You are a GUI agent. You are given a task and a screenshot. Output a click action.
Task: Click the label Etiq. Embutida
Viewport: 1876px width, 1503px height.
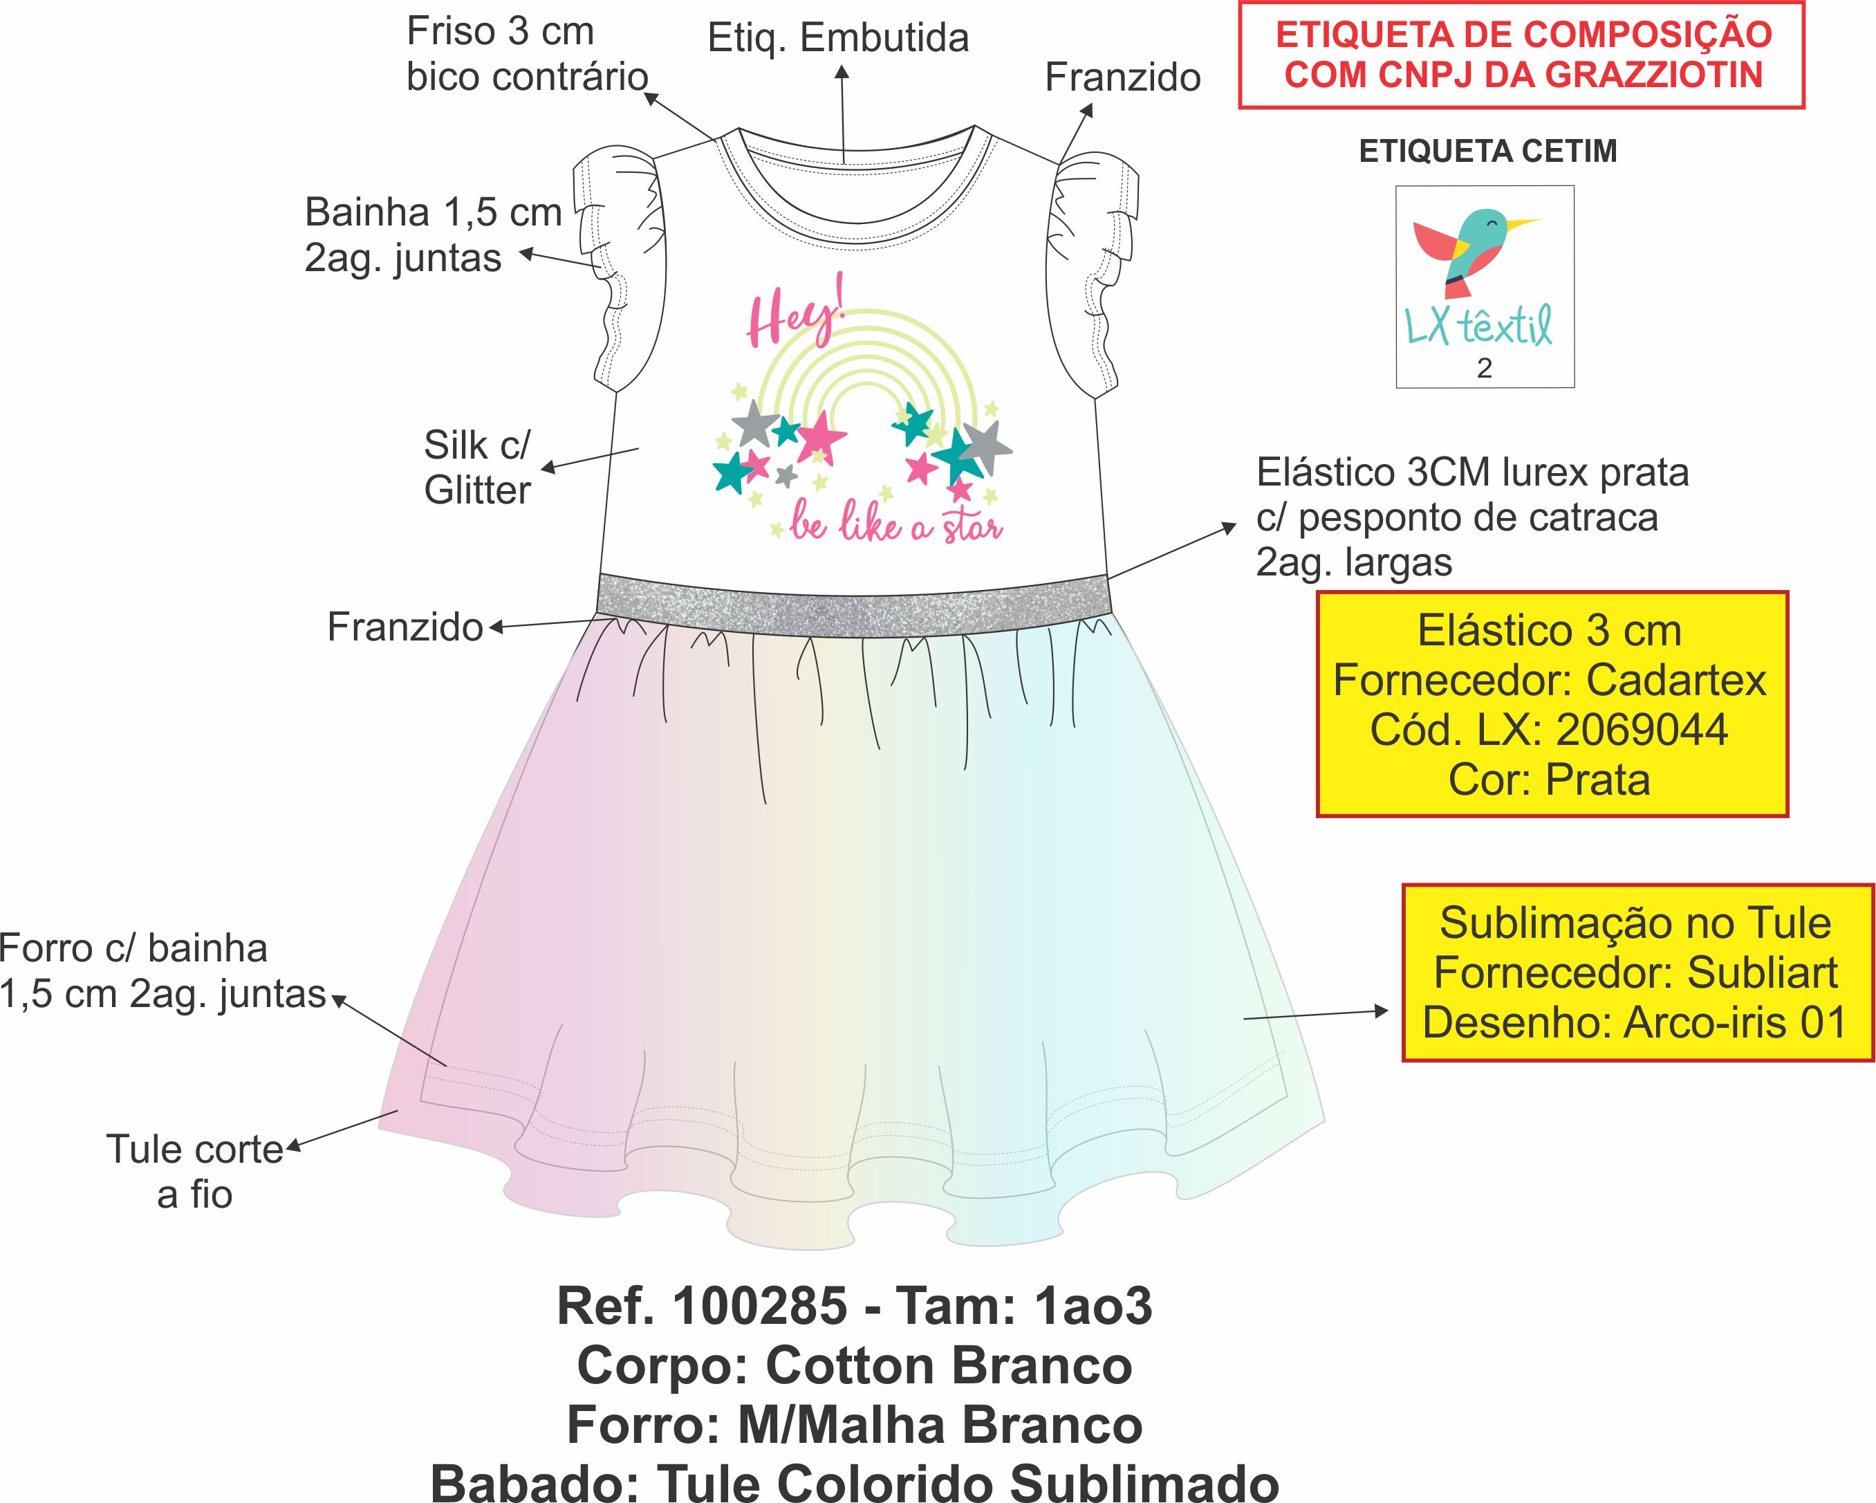tap(838, 38)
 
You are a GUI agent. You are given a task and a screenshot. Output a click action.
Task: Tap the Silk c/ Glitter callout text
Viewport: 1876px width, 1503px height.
tap(477, 468)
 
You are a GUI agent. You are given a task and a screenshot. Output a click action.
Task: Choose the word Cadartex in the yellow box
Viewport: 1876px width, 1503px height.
tap(1676, 680)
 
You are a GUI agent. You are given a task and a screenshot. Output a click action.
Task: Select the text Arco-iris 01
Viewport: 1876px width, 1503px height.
tap(1735, 1022)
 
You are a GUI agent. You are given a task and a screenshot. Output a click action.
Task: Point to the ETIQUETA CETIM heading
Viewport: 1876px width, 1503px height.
tap(1488, 151)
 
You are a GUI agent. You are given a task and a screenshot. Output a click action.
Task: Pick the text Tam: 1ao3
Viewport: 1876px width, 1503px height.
tap(1024, 1307)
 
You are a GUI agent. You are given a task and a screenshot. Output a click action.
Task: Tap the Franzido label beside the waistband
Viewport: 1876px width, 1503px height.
tap(405, 627)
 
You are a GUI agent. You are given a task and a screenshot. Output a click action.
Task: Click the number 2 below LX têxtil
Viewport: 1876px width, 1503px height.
tap(1485, 368)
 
